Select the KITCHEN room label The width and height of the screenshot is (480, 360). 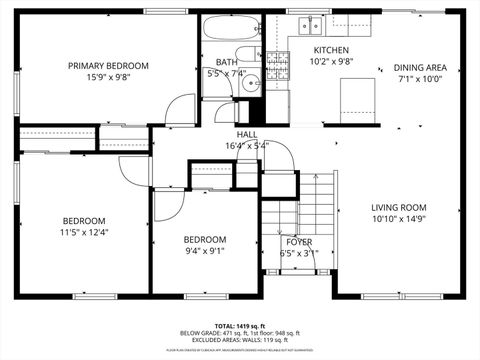[331, 50]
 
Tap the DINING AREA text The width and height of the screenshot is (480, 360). [419, 68]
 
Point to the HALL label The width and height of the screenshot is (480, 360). [246, 134]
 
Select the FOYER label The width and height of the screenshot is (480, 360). [299, 242]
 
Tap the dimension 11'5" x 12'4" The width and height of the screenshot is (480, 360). [84, 232]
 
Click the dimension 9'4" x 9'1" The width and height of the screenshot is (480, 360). [204, 251]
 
